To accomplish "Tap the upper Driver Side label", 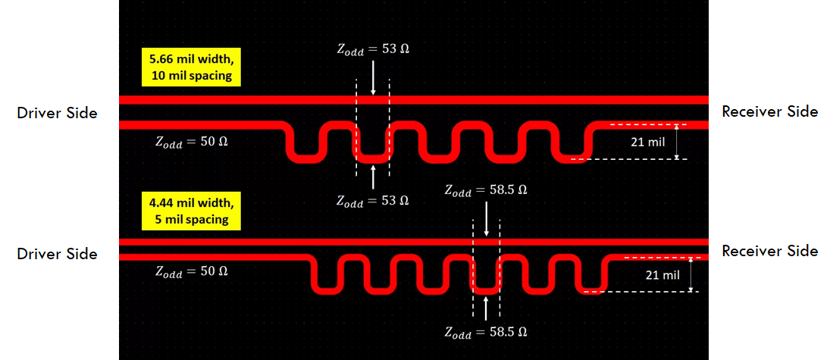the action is [x=57, y=113].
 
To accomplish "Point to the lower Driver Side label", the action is [x=57, y=254].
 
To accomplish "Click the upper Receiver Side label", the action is [x=769, y=111].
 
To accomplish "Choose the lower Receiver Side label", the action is [x=769, y=251].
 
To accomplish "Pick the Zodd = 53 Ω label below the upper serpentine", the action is [x=373, y=201].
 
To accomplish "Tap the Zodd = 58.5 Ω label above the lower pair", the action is [x=486, y=189].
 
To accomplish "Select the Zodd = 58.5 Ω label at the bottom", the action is [x=486, y=332].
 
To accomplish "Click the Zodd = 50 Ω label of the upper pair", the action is [x=190, y=144].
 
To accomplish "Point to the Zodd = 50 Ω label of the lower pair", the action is [x=190, y=271].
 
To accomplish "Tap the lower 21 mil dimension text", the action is [x=661, y=275].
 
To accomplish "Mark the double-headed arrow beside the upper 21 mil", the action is [x=677, y=142].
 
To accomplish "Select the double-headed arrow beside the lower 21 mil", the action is [x=691, y=275].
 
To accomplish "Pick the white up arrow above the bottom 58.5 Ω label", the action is [x=486, y=307].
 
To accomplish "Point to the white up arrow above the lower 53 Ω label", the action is [x=373, y=177].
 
